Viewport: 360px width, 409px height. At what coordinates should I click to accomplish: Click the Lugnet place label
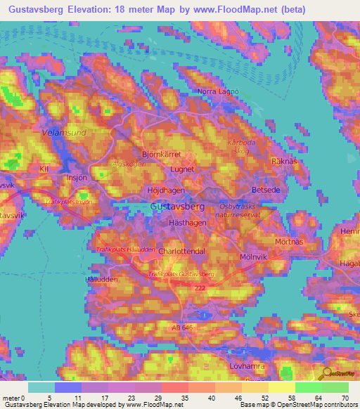pyautogui.click(x=183, y=169)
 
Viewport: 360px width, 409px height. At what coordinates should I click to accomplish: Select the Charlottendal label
pyautogui.click(x=181, y=250)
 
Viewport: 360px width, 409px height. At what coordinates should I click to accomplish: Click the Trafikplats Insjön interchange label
pyautogui.click(x=69, y=202)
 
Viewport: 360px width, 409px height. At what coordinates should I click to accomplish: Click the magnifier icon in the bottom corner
pyautogui.click(x=327, y=375)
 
